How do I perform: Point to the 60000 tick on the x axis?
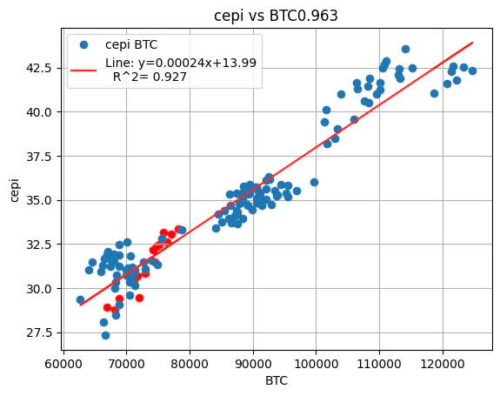point(63,360)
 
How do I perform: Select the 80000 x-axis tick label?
point(190,360)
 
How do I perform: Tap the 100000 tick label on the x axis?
point(316,360)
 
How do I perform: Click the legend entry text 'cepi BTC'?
point(131,44)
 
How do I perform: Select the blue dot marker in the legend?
point(85,44)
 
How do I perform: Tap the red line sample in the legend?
point(85,70)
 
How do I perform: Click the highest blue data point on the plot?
point(405,49)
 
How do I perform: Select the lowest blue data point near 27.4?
point(105,335)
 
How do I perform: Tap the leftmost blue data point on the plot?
point(80,299)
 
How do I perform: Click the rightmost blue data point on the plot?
point(472,70)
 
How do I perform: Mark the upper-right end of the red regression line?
point(472,42)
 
